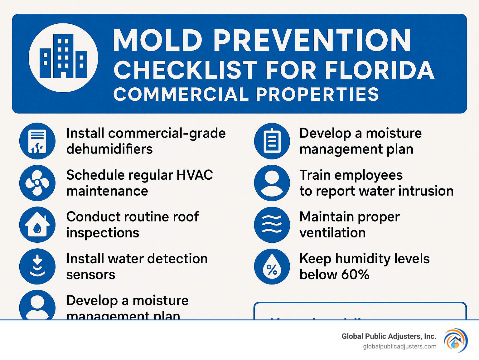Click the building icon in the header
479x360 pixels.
point(63,57)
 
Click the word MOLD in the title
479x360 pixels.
point(157,41)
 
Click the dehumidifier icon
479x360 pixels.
point(37,141)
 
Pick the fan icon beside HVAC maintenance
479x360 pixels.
point(37,183)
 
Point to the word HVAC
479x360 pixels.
point(195,175)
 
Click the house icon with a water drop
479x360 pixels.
point(37,225)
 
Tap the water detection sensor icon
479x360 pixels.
point(37,266)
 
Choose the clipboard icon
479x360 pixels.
point(272,141)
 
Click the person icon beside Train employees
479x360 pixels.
point(272,183)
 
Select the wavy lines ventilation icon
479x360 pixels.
point(272,225)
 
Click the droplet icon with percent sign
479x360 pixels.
point(272,266)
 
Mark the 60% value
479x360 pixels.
point(355,275)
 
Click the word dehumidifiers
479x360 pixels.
point(109,149)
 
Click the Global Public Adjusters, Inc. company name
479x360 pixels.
point(389,336)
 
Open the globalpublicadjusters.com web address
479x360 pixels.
point(400,347)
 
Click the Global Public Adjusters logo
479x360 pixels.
point(456,341)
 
